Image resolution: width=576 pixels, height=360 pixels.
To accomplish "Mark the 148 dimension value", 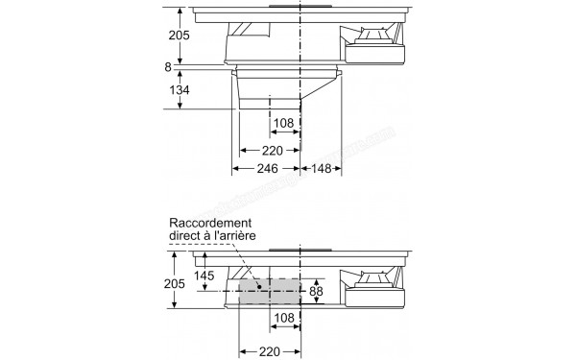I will (322, 169).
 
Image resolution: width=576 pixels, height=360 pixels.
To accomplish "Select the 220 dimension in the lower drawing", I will (269, 351).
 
